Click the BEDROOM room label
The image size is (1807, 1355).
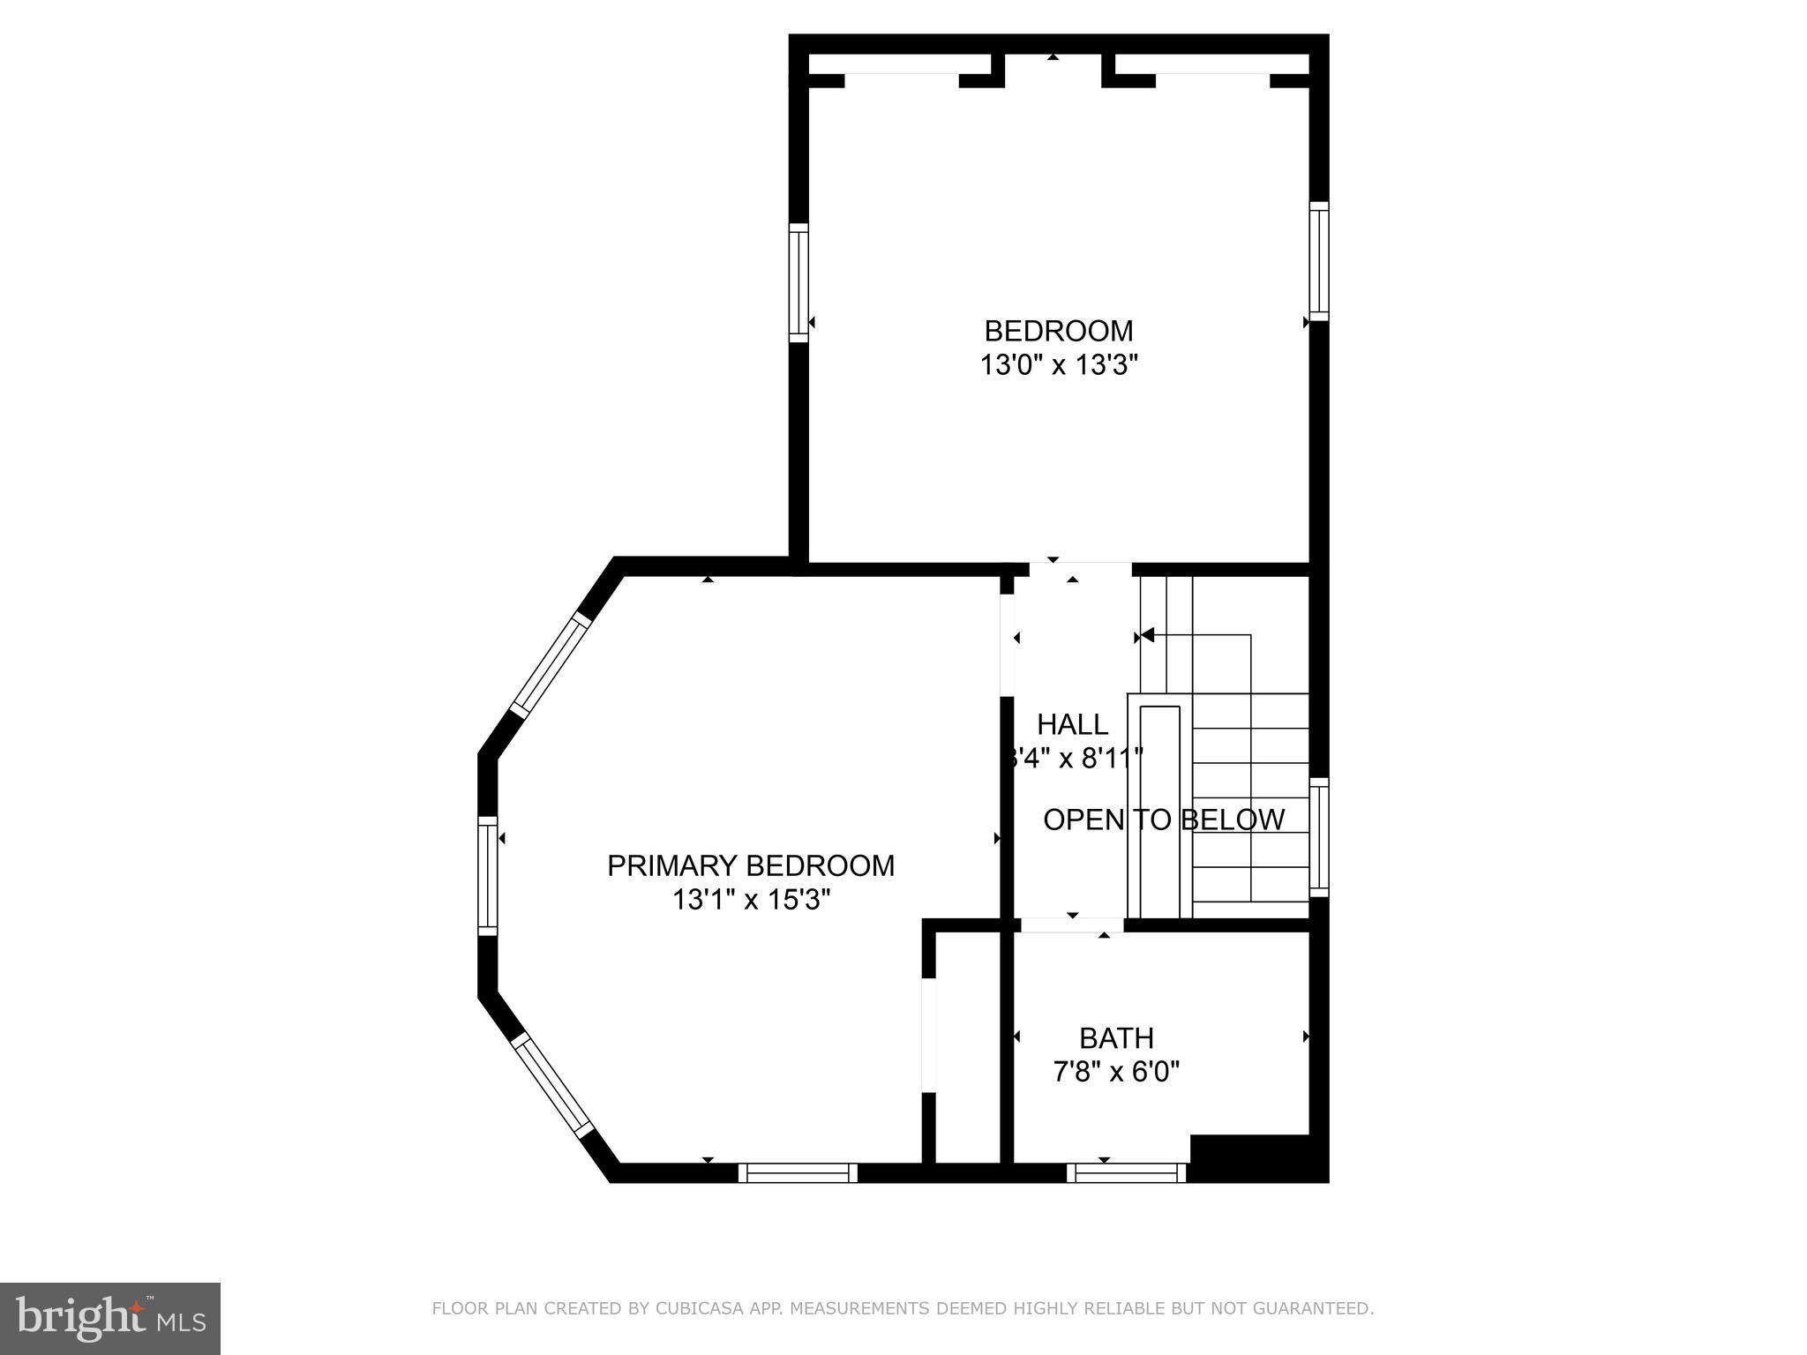coord(1058,331)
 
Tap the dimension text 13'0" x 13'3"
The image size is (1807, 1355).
coord(1058,365)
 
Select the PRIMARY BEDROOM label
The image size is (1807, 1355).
coord(750,865)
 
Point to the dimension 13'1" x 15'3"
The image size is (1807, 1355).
coord(750,900)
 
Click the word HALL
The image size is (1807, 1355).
coord(1072,724)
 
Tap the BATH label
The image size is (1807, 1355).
coord(1116,1037)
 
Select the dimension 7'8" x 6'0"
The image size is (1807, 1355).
coord(1116,1072)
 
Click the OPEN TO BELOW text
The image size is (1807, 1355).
coord(1163,820)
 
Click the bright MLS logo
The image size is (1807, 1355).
coord(109,1318)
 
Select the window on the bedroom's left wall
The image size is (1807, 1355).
coord(798,282)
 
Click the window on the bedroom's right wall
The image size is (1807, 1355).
coord(1318,261)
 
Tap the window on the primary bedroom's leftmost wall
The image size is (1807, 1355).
coord(487,875)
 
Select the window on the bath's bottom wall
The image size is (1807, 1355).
coord(1126,1173)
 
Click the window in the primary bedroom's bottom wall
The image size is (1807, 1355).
coord(798,1173)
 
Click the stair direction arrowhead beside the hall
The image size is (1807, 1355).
coord(1147,634)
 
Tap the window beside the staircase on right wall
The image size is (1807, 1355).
coord(1318,836)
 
